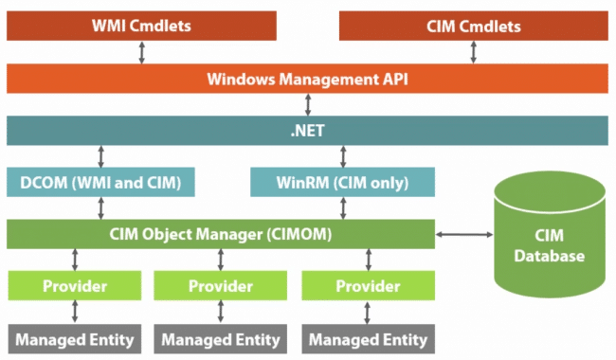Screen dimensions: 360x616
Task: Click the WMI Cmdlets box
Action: [141, 27]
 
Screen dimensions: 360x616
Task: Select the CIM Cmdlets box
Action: [473, 27]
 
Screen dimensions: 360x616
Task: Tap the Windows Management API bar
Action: [307, 78]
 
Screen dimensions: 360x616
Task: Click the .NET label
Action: [307, 130]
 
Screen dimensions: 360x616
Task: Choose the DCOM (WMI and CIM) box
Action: [100, 182]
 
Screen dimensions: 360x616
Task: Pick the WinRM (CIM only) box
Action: [342, 182]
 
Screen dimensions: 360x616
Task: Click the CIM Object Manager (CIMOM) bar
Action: [219, 233]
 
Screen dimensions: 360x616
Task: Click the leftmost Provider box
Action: [75, 284]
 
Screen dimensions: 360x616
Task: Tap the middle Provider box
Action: [221, 284]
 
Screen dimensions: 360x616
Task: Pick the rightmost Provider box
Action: [367, 284]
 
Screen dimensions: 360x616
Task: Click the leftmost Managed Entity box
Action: [75, 338]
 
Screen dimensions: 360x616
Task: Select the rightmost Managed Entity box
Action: [367, 338]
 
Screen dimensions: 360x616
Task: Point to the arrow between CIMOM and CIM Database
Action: [463, 233]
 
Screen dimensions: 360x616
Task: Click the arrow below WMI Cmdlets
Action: [141, 52]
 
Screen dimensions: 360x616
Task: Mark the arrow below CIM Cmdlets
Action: [473, 52]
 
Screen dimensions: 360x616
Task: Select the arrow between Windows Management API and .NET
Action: [307, 104]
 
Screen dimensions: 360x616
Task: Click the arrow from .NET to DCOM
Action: [100, 156]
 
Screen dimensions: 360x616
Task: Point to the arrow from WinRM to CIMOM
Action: [342, 207]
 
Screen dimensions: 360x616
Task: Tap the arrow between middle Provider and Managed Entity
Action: [221, 311]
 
